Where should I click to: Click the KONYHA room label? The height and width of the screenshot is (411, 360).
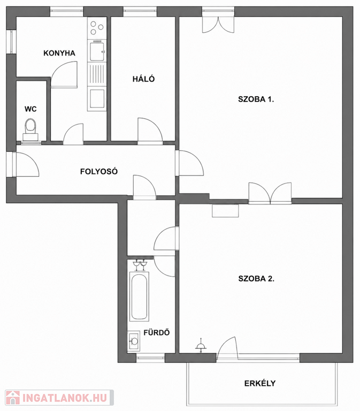59,53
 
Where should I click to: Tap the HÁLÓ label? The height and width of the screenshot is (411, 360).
143,79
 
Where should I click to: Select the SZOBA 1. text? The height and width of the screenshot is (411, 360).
256,100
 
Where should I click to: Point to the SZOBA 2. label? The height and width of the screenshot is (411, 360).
256,278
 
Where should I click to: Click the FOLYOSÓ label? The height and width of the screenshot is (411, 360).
99,171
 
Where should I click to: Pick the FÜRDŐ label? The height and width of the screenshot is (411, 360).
157,332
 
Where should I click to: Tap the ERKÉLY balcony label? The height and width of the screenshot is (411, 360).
260,384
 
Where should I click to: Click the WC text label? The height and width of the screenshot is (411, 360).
30,109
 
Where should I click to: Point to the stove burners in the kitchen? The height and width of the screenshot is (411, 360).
97,28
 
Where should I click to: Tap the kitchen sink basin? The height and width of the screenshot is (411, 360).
97,51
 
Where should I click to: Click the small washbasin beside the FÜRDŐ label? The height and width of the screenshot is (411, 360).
134,341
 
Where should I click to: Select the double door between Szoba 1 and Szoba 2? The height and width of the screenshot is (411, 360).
270,193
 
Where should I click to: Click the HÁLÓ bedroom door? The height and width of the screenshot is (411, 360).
150,131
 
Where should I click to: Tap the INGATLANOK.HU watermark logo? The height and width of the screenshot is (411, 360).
59,398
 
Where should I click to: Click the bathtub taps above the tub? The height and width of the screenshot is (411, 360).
140,264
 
